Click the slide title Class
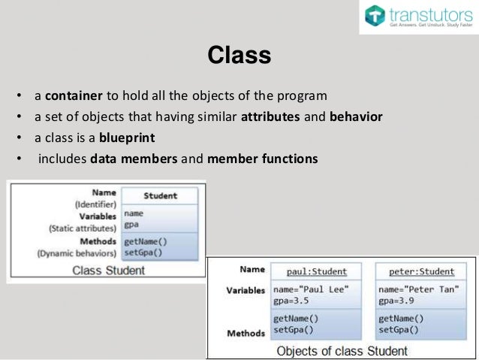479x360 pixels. point(239,56)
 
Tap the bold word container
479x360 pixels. point(71,97)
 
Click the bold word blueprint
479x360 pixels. point(120,138)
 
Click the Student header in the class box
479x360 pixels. point(160,195)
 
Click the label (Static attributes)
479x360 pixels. point(82,228)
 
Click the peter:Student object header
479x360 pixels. point(416,271)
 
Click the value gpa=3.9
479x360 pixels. point(396,301)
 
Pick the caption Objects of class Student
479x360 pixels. point(342,350)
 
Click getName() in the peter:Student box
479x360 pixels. point(397,318)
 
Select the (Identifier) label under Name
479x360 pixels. point(95,204)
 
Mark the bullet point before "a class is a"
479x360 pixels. point(17,138)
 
